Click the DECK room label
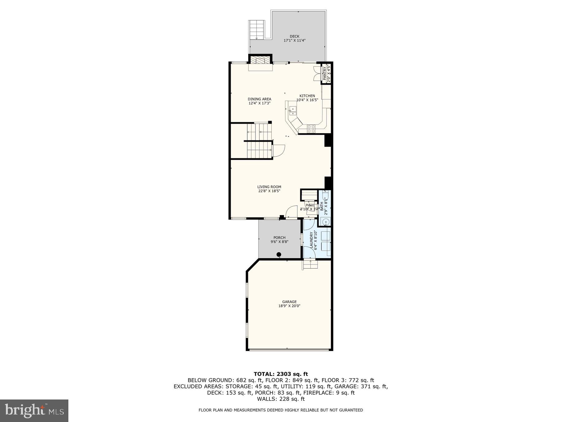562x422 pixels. tap(294, 36)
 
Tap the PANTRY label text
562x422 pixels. tap(324, 74)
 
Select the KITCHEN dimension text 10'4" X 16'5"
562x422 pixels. tap(307, 100)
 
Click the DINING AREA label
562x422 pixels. tap(259, 99)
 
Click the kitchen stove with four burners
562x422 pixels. tap(311, 129)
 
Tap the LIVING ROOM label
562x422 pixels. tap(269, 187)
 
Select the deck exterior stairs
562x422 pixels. tap(257, 30)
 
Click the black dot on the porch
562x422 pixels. tap(279, 254)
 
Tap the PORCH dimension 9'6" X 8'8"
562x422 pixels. tap(279, 242)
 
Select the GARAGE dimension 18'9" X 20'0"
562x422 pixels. tap(289, 306)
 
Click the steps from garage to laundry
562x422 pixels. tap(310, 264)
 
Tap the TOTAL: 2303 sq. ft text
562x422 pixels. tap(281, 374)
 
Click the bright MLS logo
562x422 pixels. tap(34, 410)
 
